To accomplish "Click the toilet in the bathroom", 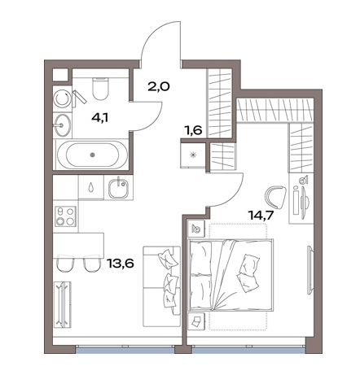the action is click(x=101, y=88).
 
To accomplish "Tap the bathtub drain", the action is click(x=92, y=155).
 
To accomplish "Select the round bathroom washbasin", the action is click(x=63, y=125).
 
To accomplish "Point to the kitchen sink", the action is click(x=118, y=188).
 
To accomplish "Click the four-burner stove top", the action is click(x=65, y=216).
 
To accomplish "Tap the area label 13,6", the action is click(x=121, y=263).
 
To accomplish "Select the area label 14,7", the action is click(x=261, y=216).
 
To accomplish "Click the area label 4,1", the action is click(x=100, y=118).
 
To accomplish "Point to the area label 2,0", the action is click(x=159, y=87).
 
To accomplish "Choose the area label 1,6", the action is click(x=194, y=131).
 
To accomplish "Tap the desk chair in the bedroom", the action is click(x=275, y=197).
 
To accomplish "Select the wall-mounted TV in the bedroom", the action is click(x=310, y=269).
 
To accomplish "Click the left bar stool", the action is click(x=65, y=263).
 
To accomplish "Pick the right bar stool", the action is click(x=92, y=263).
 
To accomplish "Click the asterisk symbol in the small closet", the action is click(x=193, y=155).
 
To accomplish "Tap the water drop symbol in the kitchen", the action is click(x=91, y=187).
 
